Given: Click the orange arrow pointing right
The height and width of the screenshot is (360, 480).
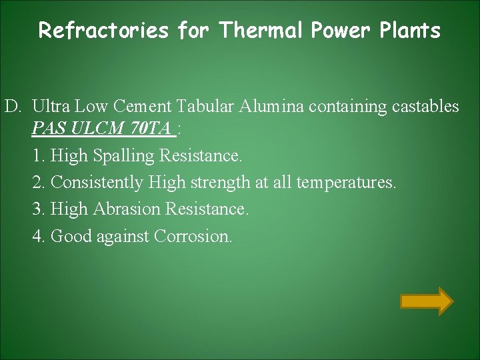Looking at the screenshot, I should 427,301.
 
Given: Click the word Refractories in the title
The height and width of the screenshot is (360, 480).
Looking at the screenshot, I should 104,31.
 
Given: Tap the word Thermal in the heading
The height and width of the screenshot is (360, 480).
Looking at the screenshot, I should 260,31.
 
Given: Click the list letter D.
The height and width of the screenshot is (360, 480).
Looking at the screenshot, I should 13,106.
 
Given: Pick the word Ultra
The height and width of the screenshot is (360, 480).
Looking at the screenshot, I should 51,106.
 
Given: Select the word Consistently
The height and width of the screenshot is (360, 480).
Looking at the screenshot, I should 97,182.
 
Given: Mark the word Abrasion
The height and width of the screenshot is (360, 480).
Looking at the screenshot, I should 127,209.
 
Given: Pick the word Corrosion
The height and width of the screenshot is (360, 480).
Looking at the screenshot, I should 193,236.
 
